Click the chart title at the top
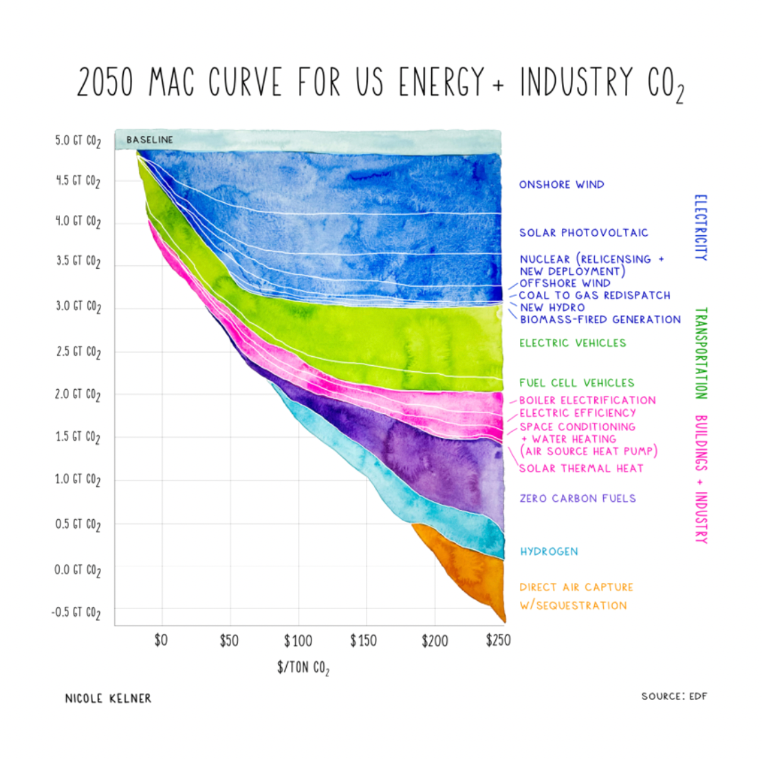[380, 83]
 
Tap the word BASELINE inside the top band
[150, 140]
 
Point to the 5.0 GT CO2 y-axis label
[78, 141]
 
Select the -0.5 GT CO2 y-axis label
[76, 613]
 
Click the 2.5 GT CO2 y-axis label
[78, 352]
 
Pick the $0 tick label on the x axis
[160, 641]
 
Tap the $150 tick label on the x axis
[363, 641]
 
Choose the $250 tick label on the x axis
[498, 641]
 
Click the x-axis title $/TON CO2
[303, 668]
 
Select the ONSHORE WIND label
[561, 184]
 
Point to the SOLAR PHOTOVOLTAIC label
[583, 232]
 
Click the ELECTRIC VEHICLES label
[572, 342]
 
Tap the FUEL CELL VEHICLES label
[576, 382]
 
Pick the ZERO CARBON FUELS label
[578, 498]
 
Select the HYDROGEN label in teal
[549, 551]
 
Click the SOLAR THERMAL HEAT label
[581, 468]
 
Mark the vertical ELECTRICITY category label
[699, 227]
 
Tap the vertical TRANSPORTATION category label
[699, 353]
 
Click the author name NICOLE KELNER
[108, 698]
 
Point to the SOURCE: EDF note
[674, 696]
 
